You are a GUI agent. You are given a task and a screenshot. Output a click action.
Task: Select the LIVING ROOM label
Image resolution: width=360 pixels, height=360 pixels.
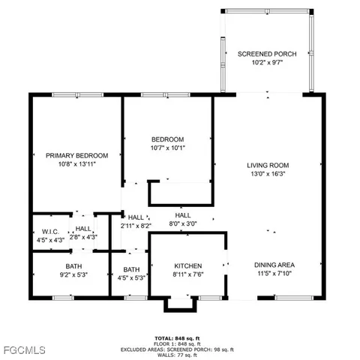[x=268, y=165]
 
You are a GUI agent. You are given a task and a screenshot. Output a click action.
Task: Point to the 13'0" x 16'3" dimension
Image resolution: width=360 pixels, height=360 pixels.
[x=268, y=174]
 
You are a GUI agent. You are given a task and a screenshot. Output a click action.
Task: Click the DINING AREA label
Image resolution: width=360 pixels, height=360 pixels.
[x=274, y=265]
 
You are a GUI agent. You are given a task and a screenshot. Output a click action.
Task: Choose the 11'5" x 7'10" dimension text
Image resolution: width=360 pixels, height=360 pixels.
[x=274, y=274]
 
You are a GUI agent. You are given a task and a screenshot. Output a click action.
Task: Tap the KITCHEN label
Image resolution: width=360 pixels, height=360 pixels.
[x=188, y=266]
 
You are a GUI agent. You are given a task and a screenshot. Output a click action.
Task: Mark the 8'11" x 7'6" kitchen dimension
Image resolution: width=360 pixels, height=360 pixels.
[x=188, y=275]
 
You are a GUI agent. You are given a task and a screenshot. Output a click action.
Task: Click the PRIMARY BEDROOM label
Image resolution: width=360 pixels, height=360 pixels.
[x=76, y=155]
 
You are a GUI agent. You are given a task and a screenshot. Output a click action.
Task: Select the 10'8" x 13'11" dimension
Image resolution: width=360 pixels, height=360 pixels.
[x=76, y=164]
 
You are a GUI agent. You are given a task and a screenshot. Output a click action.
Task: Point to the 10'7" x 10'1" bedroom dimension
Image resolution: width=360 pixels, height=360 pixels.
[x=168, y=148]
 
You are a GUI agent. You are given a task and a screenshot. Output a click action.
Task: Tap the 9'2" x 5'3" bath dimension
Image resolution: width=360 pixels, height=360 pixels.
[x=73, y=275]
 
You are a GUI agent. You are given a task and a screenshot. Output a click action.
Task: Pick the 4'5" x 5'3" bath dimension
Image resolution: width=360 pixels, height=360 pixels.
[x=132, y=278]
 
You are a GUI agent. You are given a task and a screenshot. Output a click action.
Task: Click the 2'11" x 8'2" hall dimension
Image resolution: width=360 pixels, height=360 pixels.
[x=136, y=225]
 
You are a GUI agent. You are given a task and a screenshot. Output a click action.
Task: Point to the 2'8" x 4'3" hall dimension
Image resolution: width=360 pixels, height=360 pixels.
[x=84, y=237]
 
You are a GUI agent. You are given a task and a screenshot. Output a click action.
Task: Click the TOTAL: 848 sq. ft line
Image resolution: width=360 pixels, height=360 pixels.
[x=178, y=337]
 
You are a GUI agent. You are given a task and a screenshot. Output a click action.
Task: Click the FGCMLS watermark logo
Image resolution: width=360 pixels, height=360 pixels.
[x=24, y=350]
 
